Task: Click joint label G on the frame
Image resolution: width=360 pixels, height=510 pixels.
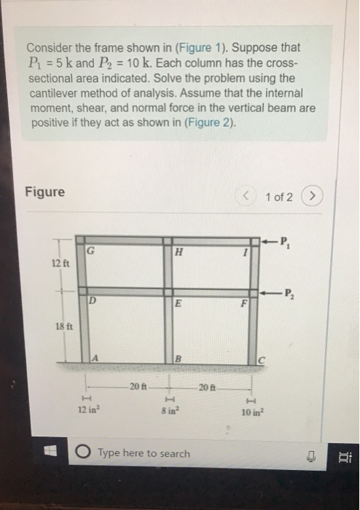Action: tap(91, 251)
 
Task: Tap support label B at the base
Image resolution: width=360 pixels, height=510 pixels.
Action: tap(178, 358)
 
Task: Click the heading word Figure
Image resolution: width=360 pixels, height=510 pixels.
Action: tap(44, 192)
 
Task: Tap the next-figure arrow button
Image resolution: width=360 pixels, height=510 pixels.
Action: tap(314, 197)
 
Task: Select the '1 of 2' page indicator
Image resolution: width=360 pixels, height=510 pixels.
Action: tap(280, 197)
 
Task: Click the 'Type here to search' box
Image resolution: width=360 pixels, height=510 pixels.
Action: tap(143, 453)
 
